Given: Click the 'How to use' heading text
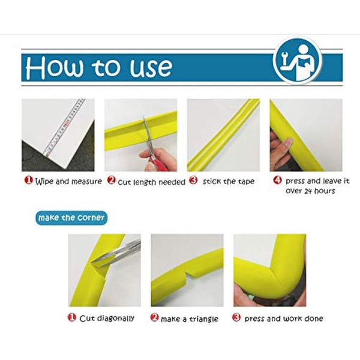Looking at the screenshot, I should point(99,67).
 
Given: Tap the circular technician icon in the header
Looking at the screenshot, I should point(298,61).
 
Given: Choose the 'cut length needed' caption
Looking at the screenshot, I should point(151,181).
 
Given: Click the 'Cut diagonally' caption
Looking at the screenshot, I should point(107,318).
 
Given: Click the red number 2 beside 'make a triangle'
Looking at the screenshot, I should point(154,318).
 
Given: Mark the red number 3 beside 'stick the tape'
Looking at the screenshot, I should point(193,180).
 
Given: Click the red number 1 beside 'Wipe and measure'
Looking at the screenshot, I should point(27,180).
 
